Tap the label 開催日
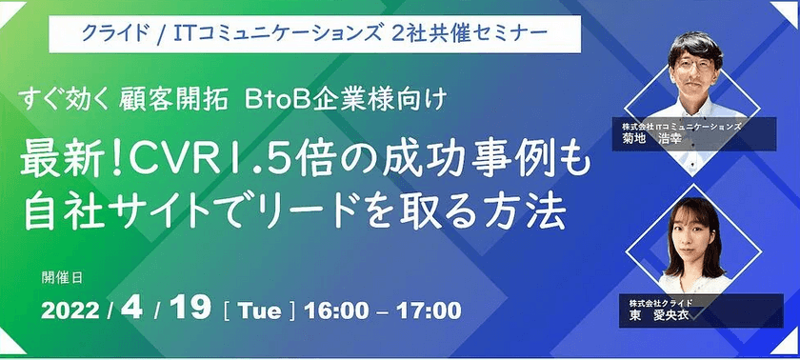click(x=63, y=278)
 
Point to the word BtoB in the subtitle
click(x=274, y=98)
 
